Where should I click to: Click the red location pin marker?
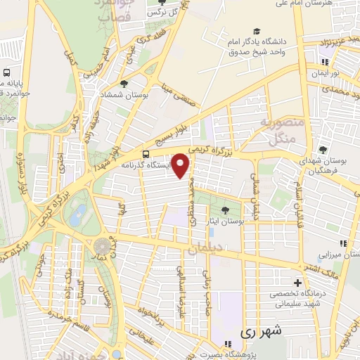[x=181, y=167]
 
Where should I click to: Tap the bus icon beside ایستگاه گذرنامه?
[x=146, y=154]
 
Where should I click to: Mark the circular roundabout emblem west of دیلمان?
[x=103, y=247]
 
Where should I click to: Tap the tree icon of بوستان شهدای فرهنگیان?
[x=323, y=149]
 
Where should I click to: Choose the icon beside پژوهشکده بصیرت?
[x=227, y=345]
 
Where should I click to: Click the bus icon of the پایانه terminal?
[x=7, y=72]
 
